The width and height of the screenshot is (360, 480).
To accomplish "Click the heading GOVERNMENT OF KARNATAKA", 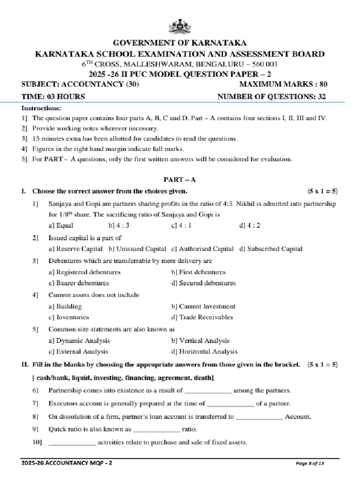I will pyautogui.click(x=180, y=43).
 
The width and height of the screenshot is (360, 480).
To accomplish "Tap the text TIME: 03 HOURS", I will pyautogui.click(x=53, y=97).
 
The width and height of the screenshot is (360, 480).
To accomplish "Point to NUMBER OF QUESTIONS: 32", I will pyautogui.click(x=272, y=97).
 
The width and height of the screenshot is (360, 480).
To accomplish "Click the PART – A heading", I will pyautogui.click(x=180, y=180).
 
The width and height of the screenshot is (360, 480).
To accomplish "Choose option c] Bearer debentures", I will pyautogui.click(x=79, y=283).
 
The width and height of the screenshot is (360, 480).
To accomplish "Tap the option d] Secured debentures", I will pyautogui.click(x=203, y=283).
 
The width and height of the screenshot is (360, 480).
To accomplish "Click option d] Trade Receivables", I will pyautogui.click(x=202, y=317).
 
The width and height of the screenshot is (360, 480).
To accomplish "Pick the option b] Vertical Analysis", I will pyautogui.click(x=200, y=341).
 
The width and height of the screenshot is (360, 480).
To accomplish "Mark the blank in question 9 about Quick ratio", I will pyautogui.click(x=157, y=429).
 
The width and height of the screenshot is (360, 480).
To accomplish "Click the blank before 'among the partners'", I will pyautogui.click(x=208, y=390).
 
